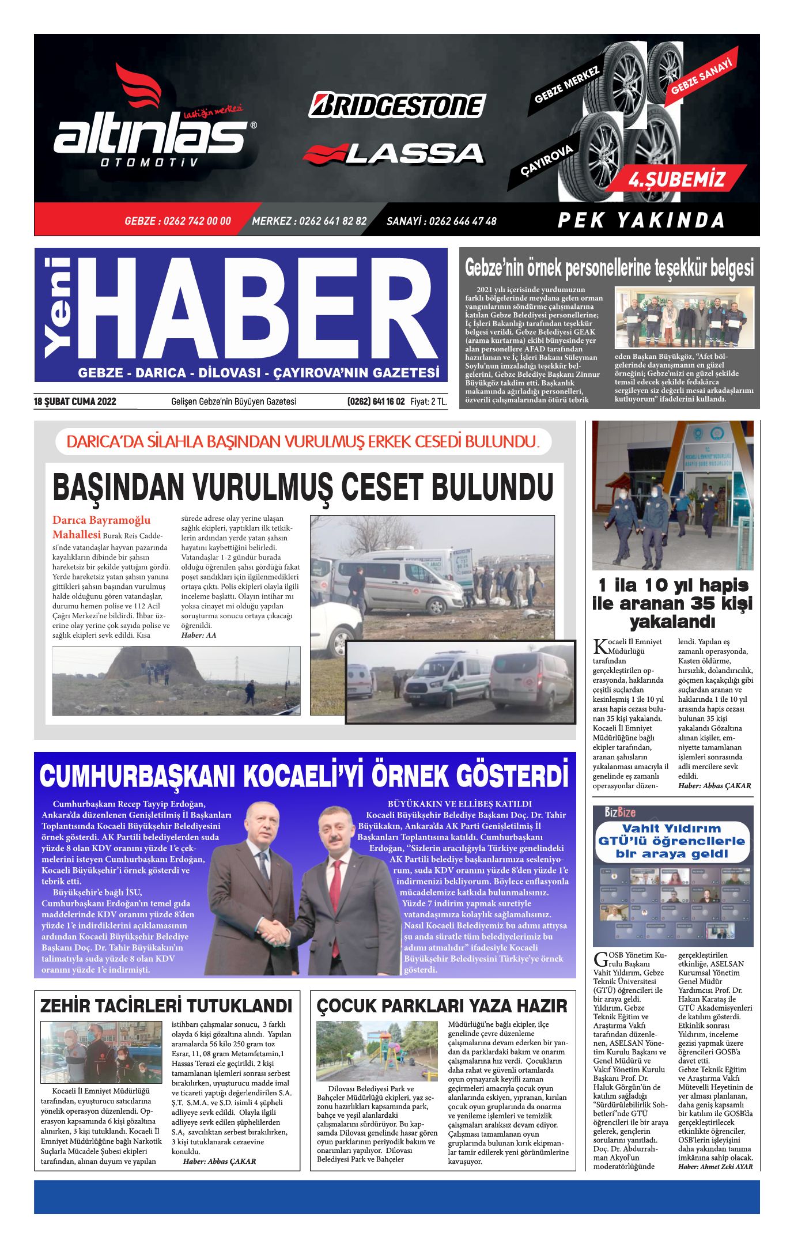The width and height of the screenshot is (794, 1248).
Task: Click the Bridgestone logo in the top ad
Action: click(x=397, y=105)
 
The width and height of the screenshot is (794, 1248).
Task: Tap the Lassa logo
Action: click(x=394, y=154)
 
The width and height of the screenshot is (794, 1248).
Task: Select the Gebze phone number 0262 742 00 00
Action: click(x=177, y=221)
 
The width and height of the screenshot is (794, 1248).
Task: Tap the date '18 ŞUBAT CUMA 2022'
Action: click(x=75, y=402)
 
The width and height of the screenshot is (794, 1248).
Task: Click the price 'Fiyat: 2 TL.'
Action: click(x=429, y=402)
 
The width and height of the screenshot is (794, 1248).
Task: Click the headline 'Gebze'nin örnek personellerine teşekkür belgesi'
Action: click(x=609, y=268)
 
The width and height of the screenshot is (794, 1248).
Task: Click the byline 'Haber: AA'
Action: click(x=199, y=635)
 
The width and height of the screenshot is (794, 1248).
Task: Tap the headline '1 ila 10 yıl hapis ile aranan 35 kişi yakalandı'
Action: click(x=672, y=603)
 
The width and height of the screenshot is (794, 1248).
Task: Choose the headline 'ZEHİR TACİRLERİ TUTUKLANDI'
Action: click(x=166, y=1007)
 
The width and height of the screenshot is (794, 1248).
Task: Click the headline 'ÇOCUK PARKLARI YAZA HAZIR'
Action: click(x=442, y=1007)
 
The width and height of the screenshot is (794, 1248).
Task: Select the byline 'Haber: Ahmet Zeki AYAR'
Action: click(x=715, y=1167)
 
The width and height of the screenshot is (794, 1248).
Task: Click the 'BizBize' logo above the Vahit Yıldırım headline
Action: click(x=619, y=812)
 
